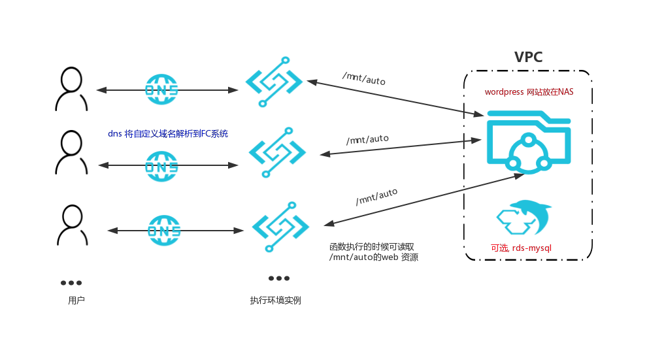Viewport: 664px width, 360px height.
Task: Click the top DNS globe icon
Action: tap(161, 89)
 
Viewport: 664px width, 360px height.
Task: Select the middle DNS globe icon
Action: tap(161, 166)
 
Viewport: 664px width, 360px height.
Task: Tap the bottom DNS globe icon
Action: tap(164, 231)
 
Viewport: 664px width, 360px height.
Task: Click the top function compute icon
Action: tap(274, 82)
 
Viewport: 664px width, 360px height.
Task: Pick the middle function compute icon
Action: tap(277, 153)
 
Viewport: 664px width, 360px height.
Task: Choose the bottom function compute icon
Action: tap(280, 223)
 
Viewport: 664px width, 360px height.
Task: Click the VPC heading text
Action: tap(528, 57)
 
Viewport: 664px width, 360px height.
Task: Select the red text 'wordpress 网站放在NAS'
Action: tap(529, 92)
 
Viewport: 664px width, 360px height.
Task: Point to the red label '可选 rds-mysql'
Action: tap(522, 248)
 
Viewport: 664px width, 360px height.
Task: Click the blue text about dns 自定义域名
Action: tap(168, 133)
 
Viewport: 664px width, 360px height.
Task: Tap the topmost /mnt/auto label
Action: tap(364, 78)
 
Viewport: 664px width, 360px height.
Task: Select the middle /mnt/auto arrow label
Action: tap(367, 139)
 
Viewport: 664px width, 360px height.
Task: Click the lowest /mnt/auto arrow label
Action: tap(376, 196)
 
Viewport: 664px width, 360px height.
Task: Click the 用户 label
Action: tap(76, 301)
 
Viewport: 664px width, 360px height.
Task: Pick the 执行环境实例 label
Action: tap(275, 301)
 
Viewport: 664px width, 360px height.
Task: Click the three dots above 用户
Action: tap(71, 283)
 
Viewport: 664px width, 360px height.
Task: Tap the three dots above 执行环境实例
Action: tap(279, 278)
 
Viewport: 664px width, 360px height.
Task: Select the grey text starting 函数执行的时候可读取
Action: tap(373, 252)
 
